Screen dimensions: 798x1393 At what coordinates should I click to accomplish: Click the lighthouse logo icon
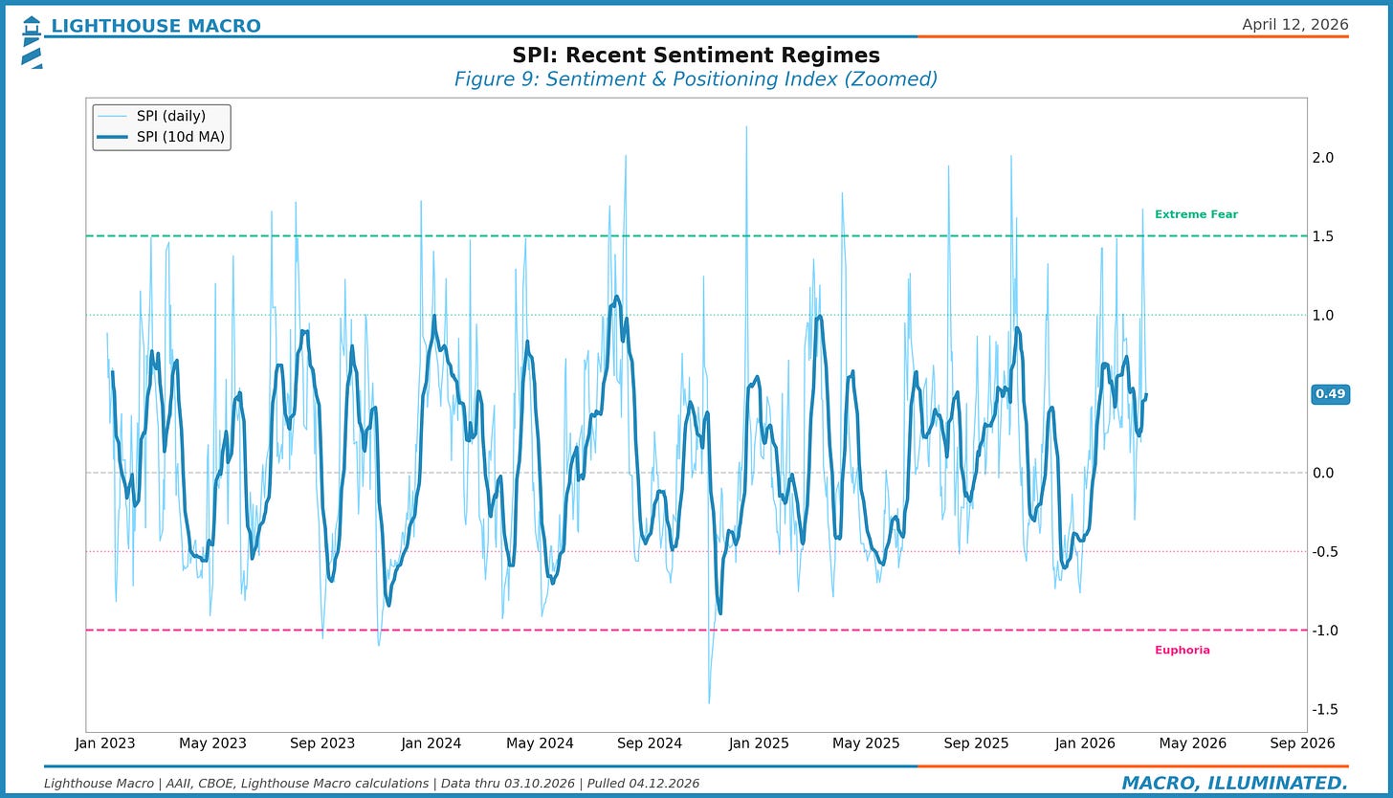32,42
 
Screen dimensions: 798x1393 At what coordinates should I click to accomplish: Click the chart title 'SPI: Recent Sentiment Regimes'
696,55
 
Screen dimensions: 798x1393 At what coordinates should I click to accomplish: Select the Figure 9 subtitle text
696,79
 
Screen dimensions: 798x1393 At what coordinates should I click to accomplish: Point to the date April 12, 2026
1294,25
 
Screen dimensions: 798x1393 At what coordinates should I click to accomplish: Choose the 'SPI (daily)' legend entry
170,116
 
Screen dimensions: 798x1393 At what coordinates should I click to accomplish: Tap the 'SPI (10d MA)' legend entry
180,137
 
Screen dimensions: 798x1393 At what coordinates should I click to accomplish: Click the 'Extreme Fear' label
1196,214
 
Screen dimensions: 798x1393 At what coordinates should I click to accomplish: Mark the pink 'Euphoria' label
1182,650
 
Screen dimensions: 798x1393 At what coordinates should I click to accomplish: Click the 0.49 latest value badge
1330,394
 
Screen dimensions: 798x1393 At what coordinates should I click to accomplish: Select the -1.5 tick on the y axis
1324,709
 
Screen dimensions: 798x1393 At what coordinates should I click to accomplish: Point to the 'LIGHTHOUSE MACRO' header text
155,26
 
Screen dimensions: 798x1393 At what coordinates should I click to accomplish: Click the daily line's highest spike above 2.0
745,128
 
